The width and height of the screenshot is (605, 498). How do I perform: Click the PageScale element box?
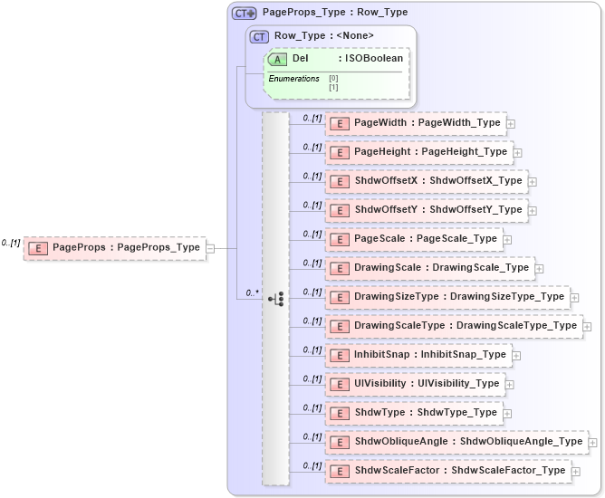point(413,239)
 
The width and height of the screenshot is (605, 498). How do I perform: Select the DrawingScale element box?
point(429,268)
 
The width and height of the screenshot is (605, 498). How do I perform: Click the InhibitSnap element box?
point(418,355)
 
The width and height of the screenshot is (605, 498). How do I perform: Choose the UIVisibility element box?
point(415,384)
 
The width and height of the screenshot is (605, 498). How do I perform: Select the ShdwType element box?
point(413,413)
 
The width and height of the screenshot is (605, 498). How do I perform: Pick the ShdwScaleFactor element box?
point(447,471)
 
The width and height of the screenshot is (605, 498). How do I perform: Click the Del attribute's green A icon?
point(277,59)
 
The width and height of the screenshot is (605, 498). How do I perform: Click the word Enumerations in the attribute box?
point(293,79)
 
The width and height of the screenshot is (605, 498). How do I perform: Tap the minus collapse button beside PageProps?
point(210,247)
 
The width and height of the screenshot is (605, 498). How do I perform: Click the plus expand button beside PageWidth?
point(512,123)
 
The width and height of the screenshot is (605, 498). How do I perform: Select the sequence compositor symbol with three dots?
point(276,298)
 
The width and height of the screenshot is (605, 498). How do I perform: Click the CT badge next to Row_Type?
point(260,36)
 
